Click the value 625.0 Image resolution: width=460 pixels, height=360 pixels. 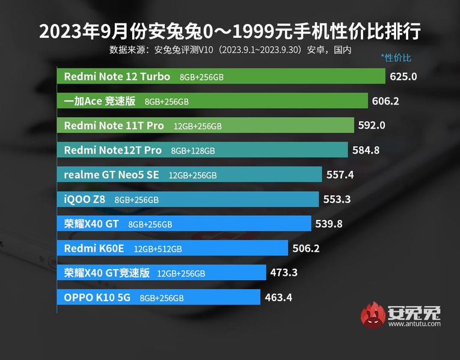(403, 77)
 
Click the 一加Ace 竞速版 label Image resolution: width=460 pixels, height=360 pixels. (99, 102)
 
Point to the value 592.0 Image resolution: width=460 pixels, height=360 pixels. (371, 126)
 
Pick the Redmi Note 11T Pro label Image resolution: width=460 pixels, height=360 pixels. (114, 126)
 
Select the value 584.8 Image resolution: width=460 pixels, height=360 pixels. (365, 150)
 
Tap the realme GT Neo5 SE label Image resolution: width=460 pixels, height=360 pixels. (112, 175)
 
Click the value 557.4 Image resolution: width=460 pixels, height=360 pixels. (340, 175)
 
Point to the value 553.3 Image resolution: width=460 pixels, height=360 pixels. (337, 200)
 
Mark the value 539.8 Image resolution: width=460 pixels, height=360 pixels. (329, 224)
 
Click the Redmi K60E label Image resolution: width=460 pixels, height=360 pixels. (95, 248)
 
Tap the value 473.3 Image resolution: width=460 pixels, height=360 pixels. (284, 273)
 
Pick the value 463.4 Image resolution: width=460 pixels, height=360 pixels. (278, 297)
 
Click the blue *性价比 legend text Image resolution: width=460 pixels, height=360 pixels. (396, 58)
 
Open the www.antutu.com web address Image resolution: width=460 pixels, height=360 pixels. (414, 325)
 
